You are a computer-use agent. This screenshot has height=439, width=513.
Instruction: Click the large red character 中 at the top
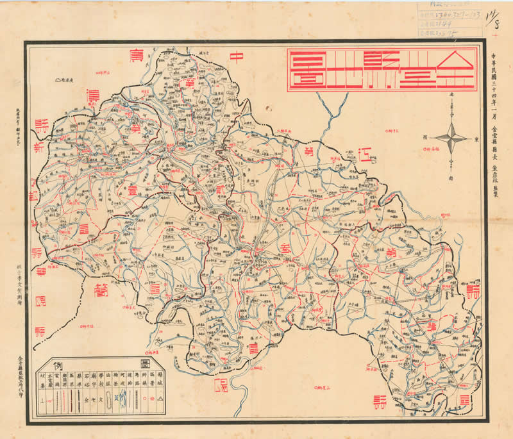pos(237,58)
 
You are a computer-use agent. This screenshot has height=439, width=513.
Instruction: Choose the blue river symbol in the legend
pos(116,402)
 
